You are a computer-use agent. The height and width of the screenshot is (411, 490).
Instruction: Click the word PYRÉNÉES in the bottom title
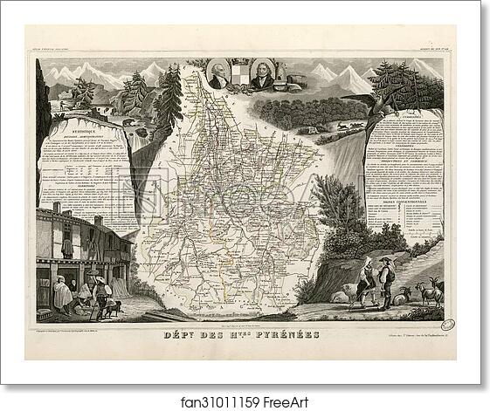point(284,335)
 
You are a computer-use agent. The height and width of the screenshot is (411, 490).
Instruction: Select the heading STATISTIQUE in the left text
point(76,127)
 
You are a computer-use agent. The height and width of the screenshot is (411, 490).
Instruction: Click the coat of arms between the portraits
point(242,79)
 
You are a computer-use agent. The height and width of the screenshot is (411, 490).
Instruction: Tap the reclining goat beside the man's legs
point(403,298)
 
